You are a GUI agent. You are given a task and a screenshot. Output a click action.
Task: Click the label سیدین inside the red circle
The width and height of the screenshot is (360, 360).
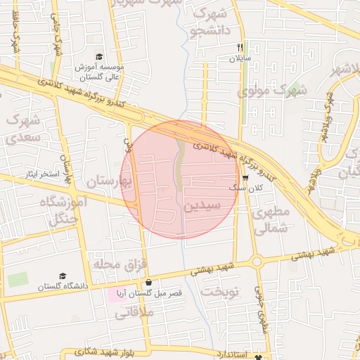202,206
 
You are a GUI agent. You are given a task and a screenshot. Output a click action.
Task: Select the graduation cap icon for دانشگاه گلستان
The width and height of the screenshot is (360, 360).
63,276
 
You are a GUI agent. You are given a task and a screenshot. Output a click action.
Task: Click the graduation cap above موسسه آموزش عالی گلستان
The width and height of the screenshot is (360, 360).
99,57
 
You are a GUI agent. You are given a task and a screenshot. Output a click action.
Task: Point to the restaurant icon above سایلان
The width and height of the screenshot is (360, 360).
240,48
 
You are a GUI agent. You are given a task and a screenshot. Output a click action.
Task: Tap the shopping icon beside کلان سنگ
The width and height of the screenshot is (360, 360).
244,178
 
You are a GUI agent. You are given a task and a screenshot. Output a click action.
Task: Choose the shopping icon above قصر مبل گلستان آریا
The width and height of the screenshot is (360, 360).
148,283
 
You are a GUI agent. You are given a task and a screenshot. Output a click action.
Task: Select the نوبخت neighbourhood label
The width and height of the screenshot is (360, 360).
220,290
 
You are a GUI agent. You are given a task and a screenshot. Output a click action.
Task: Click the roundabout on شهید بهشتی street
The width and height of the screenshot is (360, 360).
256,262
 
